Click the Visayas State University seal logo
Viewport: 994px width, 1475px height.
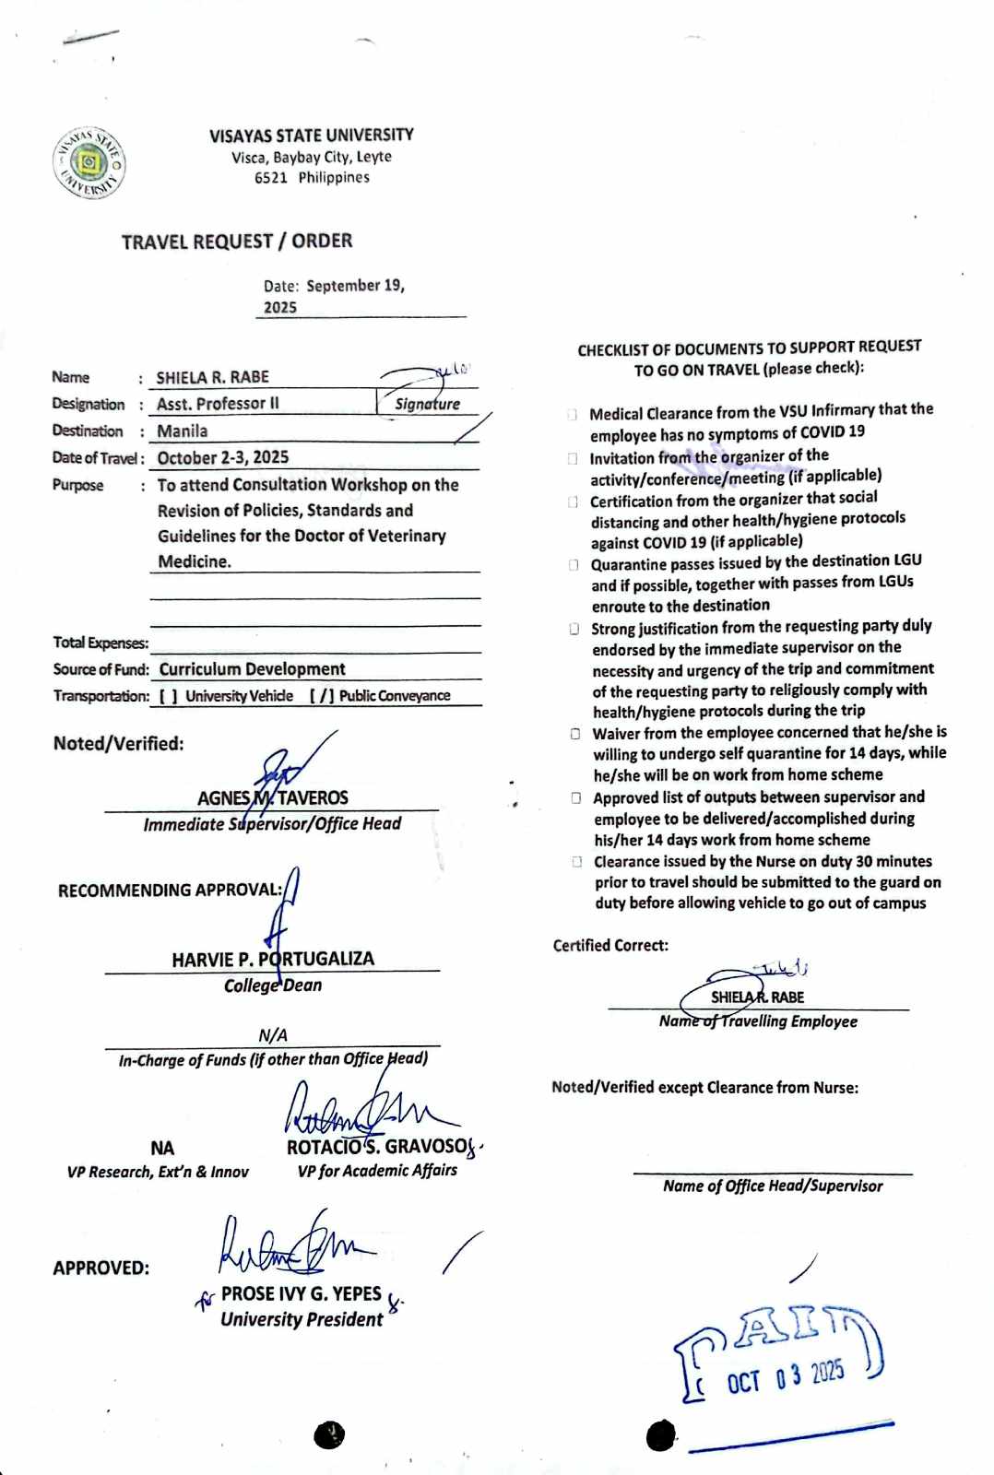(89, 163)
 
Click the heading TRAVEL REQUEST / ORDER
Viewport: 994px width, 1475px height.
(237, 242)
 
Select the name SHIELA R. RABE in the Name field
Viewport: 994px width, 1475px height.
(212, 377)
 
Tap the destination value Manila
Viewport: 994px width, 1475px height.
(182, 431)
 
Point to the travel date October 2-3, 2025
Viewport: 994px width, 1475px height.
(222, 458)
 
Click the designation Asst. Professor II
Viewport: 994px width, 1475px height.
(218, 404)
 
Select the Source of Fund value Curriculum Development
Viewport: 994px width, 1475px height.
(252, 669)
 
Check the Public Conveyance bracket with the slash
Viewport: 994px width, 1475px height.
(321, 696)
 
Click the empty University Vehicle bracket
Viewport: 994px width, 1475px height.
(168, 696)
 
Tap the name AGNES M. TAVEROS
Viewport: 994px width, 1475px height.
(273, 798)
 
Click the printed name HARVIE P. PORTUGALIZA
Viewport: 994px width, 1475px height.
(273, 960)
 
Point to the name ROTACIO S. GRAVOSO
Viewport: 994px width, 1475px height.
(378, 1147)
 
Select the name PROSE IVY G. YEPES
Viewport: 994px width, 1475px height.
(301, 1294)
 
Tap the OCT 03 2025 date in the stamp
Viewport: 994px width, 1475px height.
(786, 1378)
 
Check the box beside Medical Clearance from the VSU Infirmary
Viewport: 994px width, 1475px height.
(573, 415)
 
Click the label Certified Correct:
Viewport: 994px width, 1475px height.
(610, 946)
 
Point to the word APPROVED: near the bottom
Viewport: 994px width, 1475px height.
(101, 1268)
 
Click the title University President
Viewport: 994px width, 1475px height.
(302, 1320)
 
